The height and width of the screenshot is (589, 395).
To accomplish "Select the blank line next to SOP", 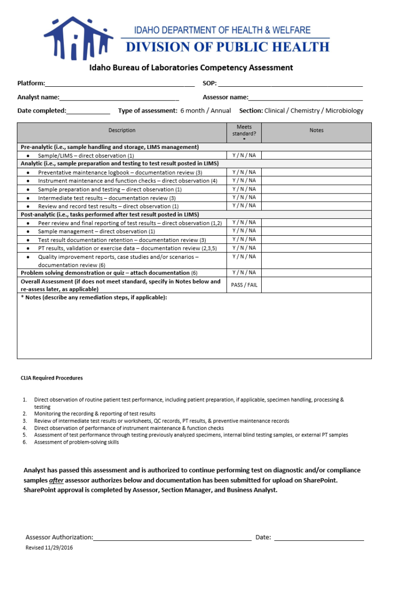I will [x=290, y=83].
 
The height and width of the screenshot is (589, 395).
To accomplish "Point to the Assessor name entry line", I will [x=306, y=97].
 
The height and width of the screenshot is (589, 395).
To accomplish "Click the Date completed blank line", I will [x=88, y=110].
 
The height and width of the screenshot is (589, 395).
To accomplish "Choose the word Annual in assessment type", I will [x=221, y=110].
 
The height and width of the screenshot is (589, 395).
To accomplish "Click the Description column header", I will [x=122, y=130].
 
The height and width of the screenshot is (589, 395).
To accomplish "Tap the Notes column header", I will [x=316, y=130].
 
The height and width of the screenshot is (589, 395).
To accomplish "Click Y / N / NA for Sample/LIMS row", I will [x=244, y=156].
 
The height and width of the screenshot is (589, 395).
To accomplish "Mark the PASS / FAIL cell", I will [x=244, y=285].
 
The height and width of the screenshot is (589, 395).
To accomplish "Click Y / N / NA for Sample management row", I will [x=244, y=231].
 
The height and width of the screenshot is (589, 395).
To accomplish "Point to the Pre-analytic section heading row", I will [x=109, y=147].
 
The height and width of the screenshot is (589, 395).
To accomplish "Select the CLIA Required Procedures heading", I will [x=51, y=378].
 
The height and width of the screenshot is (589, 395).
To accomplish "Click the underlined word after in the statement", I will [x=56, y=480].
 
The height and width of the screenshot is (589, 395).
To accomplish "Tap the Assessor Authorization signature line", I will [x=172, y=537].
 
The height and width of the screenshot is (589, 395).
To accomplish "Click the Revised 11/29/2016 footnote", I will [x=49, y=548].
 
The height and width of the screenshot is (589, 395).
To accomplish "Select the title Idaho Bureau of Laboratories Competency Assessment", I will [x=191, y=68].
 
